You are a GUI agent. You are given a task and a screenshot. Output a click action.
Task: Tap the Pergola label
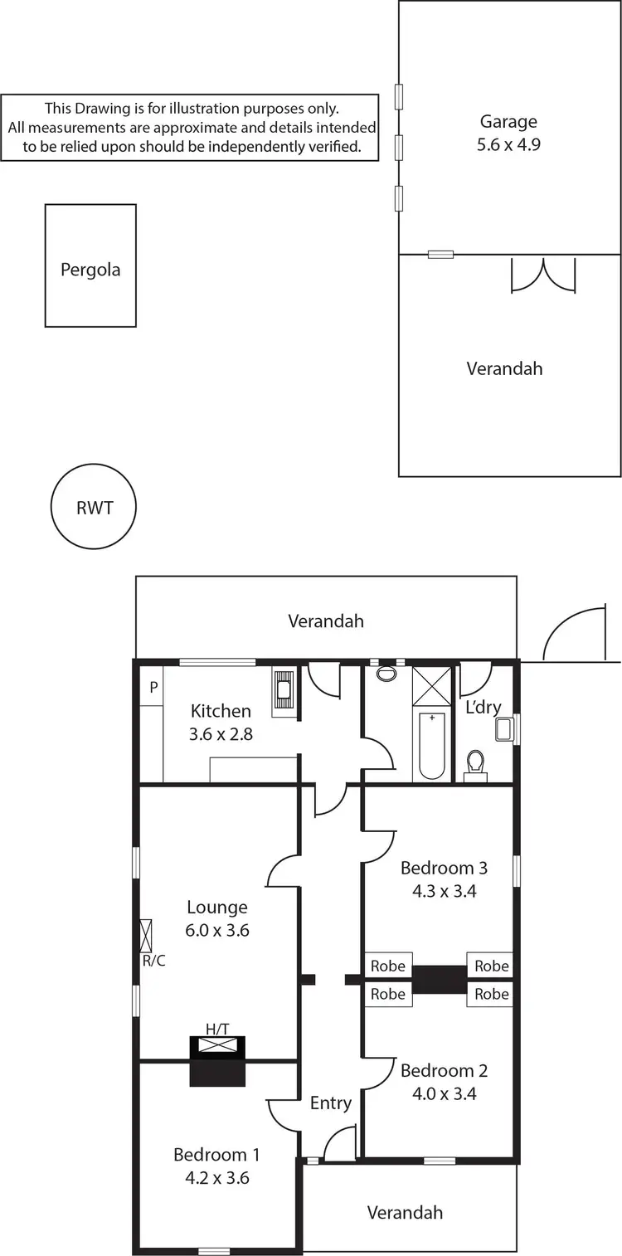(90, 270)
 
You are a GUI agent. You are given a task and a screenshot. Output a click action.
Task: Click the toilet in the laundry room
(475, 763)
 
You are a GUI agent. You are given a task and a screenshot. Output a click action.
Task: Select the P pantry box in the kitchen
(153, 688)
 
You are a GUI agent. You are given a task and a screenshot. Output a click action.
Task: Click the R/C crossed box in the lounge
(147, 935)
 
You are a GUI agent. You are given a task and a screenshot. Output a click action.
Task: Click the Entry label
(331, 1103)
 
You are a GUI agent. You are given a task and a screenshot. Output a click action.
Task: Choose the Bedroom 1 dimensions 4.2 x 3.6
(216, 1177)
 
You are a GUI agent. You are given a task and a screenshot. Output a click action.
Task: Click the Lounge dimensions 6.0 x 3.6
(217, 930)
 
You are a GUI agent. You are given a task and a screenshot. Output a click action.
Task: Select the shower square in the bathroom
(432, 685)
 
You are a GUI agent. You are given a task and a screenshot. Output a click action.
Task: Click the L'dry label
(483, 708)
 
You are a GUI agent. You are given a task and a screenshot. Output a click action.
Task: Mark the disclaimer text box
(190, 127)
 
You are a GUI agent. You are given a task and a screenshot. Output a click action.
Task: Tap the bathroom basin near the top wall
(386, 674)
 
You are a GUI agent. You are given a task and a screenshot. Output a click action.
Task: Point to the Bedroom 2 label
(444, 1070)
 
